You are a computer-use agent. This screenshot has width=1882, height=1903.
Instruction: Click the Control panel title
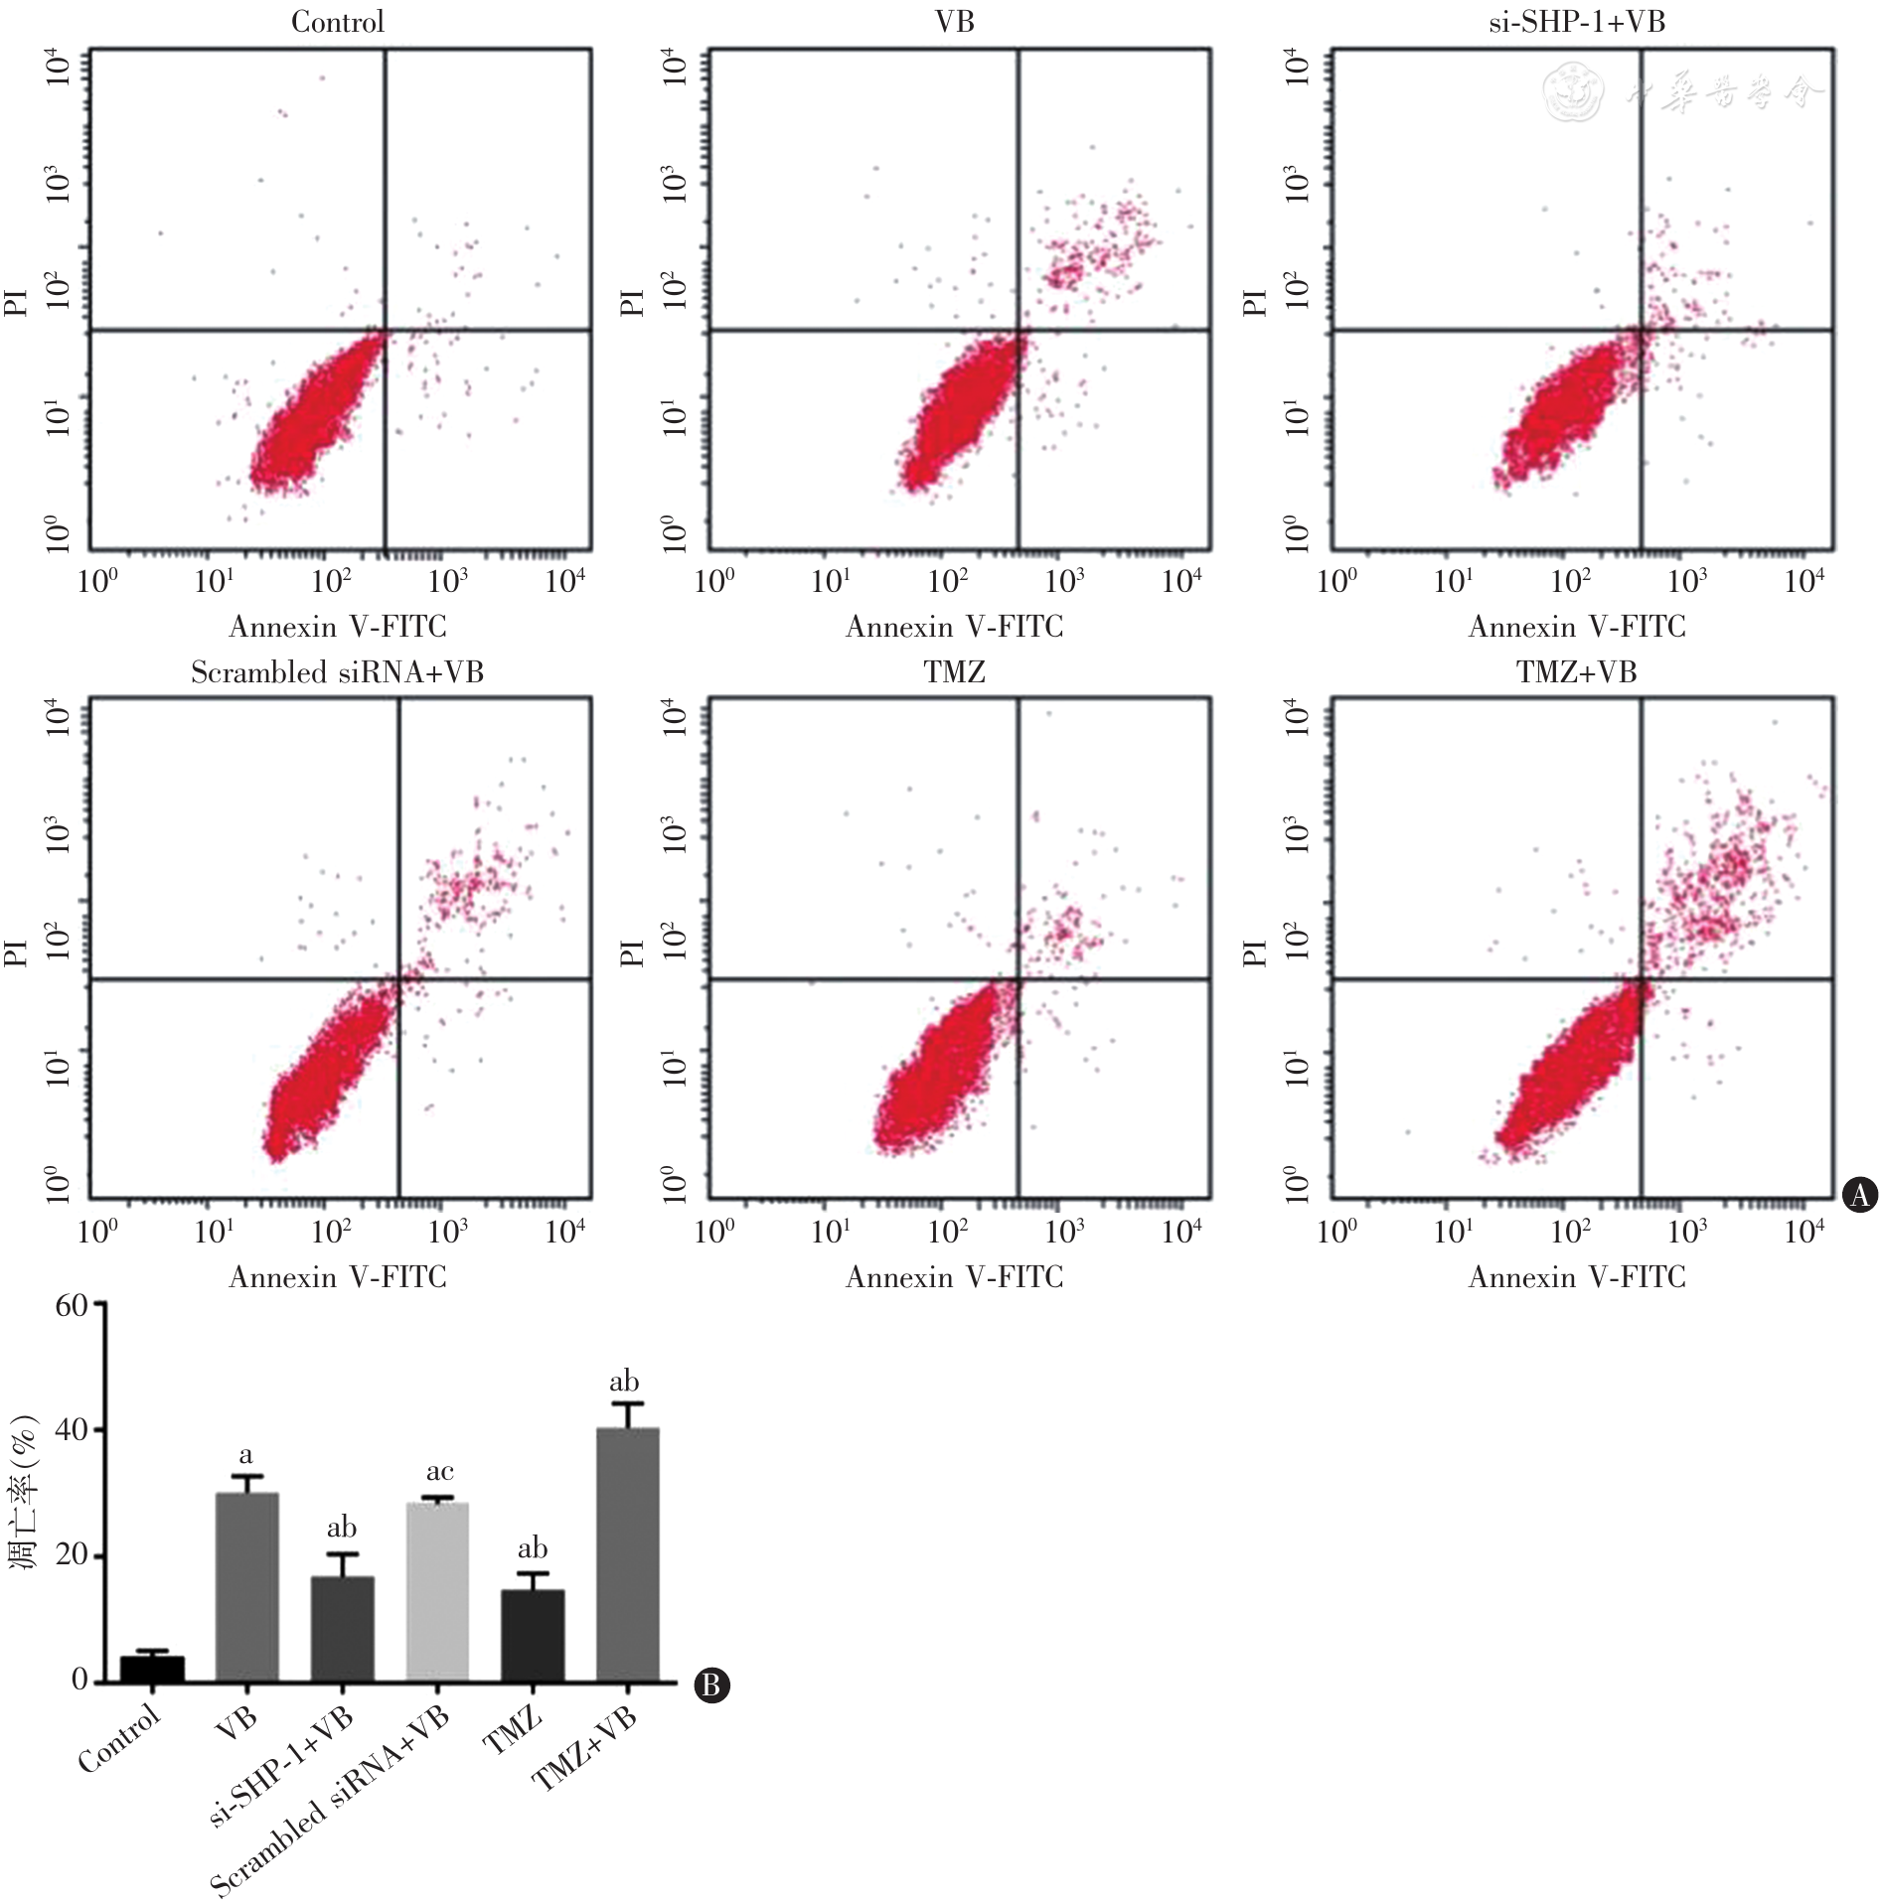337,22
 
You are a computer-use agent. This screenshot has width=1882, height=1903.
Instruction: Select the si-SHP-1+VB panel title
1577,22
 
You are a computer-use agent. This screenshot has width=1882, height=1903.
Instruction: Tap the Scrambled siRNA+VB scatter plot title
337,672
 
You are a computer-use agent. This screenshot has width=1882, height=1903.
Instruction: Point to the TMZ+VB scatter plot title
1577,672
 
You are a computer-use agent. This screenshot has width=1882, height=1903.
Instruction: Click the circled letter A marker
1860,1194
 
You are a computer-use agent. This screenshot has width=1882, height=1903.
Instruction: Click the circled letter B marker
711,1684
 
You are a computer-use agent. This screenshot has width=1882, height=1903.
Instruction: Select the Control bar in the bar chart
152,1669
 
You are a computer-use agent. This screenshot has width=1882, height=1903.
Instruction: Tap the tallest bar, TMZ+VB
628,1554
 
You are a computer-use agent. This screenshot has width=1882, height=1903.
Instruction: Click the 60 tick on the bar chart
72,1305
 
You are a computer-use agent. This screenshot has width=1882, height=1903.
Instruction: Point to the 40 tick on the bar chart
72,1430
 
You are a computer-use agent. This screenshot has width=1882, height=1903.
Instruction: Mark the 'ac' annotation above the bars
439,1471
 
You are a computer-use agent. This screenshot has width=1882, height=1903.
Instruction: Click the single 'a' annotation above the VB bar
245,1456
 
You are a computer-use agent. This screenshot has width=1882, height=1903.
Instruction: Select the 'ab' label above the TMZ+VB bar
624,1381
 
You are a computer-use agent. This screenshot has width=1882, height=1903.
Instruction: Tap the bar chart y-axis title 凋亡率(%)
24,1492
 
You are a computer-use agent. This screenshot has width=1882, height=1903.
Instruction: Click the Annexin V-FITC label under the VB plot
955,627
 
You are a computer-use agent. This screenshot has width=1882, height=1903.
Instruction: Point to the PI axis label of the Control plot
16,302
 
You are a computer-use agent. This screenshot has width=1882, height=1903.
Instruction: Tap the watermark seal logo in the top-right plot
1572,92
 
